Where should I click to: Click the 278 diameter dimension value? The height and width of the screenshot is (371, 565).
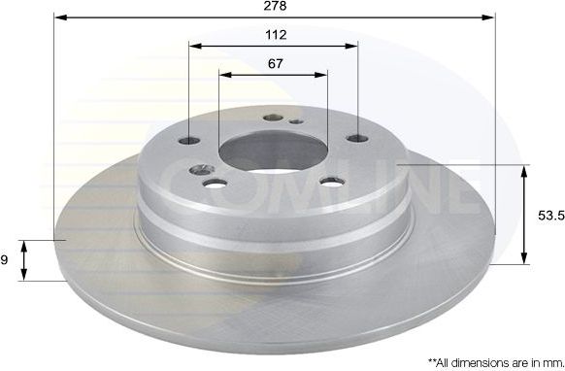(275, 6)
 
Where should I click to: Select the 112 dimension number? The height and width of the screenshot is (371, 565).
(275, 35)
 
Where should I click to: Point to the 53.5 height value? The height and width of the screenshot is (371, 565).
(548, 216)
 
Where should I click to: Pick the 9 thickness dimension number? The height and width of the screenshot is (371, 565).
(5, 259)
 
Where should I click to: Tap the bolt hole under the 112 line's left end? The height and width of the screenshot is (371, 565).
(190, 141)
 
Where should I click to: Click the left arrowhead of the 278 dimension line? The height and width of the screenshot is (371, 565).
(57, 17)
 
